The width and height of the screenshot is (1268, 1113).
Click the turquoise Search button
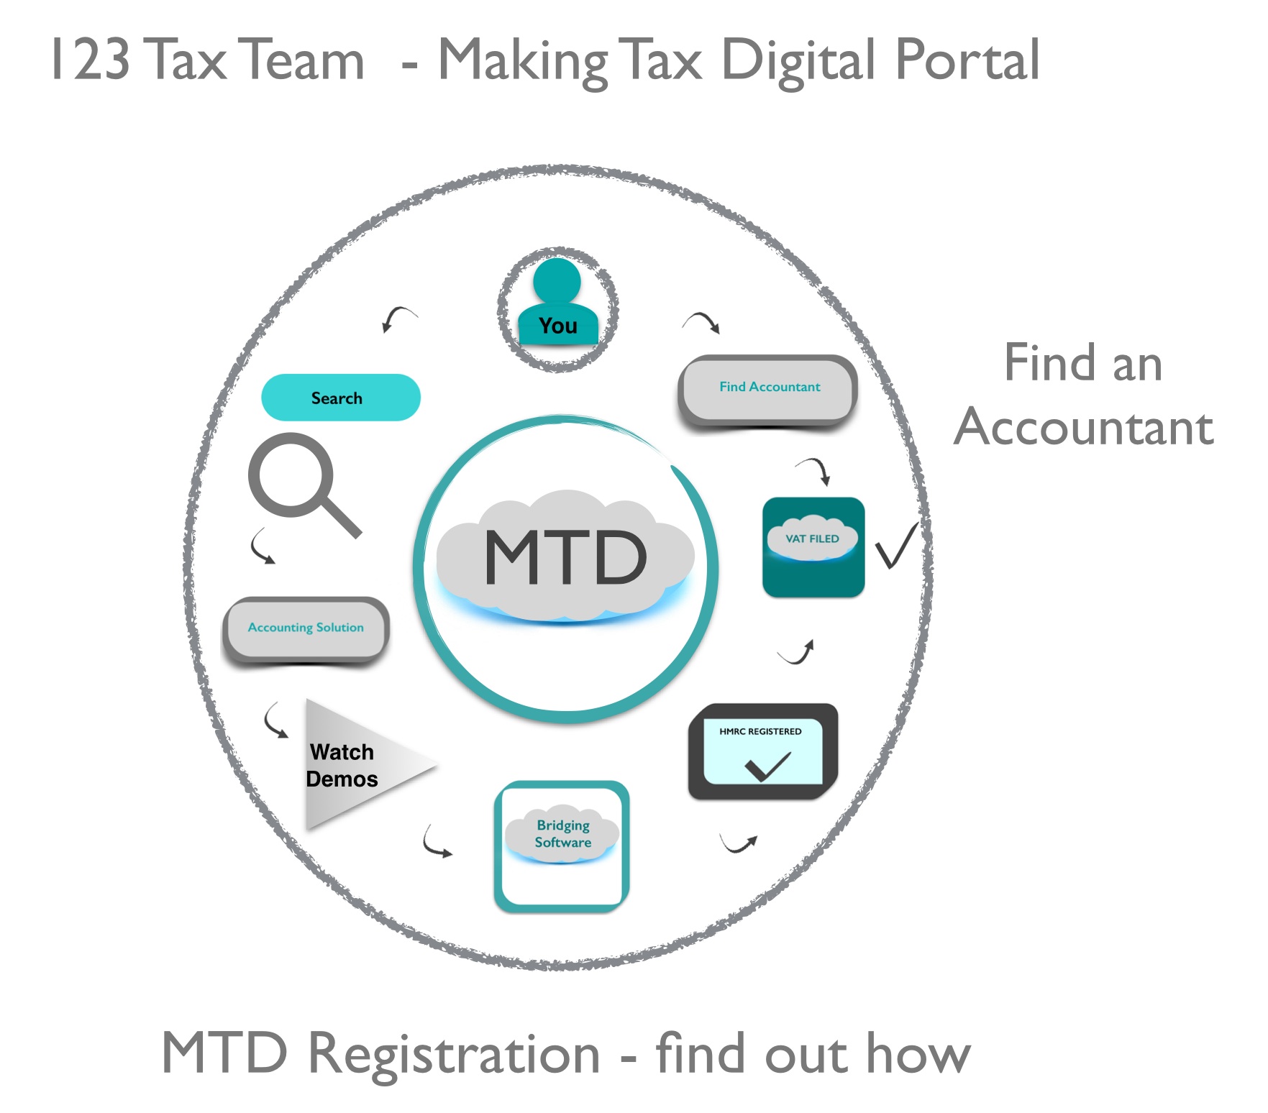pos(341,398)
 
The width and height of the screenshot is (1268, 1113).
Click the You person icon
pos(558,304)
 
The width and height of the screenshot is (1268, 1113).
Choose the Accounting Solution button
pos(306,628)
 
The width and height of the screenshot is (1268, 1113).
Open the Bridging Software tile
pos(562,846)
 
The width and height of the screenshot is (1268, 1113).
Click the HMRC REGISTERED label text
pos(760,731)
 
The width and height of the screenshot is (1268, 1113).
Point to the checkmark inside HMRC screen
pos(767,766)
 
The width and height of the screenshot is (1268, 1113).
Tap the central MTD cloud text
pos(565,557)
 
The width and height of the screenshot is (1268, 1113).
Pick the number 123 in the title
pos(91,60)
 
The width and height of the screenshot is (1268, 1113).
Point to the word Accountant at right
pos(1084,427)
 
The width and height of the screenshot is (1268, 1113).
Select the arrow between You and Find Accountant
pos(701,322)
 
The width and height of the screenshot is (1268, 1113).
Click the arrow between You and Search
pos(398,319)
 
